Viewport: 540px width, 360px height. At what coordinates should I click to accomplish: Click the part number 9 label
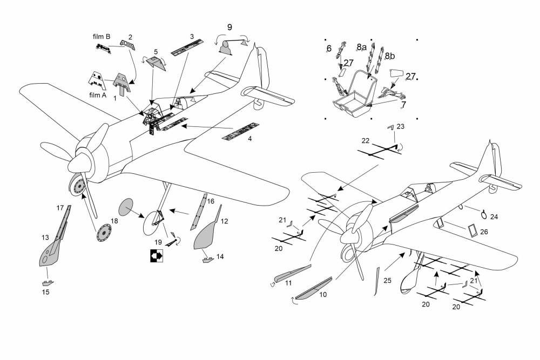click(x=230, y=27)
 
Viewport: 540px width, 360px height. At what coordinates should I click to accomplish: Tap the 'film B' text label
click(x=102, y=37)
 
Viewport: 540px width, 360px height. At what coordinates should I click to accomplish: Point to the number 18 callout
click(x=114, y=221)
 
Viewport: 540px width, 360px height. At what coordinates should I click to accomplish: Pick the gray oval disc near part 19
click(x=125, y=208)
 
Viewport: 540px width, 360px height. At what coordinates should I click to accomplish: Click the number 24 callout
click(x=494, y=216)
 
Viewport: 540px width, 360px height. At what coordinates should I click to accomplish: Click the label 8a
click(x=362, y=48)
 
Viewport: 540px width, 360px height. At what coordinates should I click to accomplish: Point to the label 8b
click(x=390, y=56)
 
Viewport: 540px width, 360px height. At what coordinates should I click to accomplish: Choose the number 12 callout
click(x=224, y=221)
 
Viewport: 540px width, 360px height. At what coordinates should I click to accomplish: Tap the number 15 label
click(x=46, y=292)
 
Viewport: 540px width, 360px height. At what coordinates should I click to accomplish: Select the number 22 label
click(x=365, y=141)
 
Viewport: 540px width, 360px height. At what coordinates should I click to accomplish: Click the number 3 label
click(x=192, y=37)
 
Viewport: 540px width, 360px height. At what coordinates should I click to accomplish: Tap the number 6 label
click(x=328, y=49)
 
